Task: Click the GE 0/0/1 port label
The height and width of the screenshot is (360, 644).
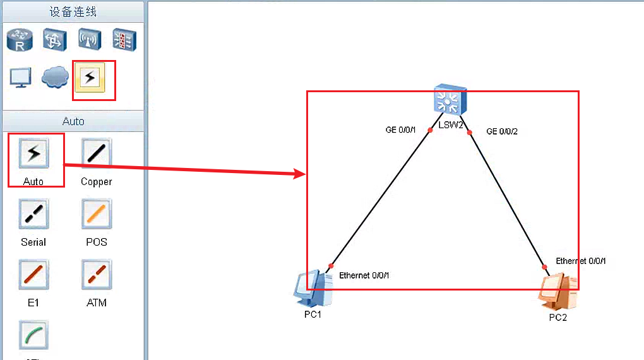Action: pos(401,130)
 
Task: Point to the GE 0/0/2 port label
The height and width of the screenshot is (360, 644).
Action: pos(503,131)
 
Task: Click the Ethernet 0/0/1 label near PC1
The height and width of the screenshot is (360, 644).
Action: pos(364,275)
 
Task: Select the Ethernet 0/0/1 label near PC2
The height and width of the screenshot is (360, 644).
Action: pos(581,261)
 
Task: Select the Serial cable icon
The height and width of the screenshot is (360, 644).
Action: pos(33,214)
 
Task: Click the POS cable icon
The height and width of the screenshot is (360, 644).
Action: pos(96,214)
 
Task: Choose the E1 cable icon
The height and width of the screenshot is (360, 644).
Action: pos(33,275)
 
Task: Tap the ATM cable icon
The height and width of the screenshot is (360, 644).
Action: pos(96,275)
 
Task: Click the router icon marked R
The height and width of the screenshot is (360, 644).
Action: pos(19,40)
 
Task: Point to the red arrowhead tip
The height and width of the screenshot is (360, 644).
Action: pos(306,174)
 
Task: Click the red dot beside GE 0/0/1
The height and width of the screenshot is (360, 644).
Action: pos(430,130)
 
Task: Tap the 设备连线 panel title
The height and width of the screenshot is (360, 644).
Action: pos(73,11)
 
